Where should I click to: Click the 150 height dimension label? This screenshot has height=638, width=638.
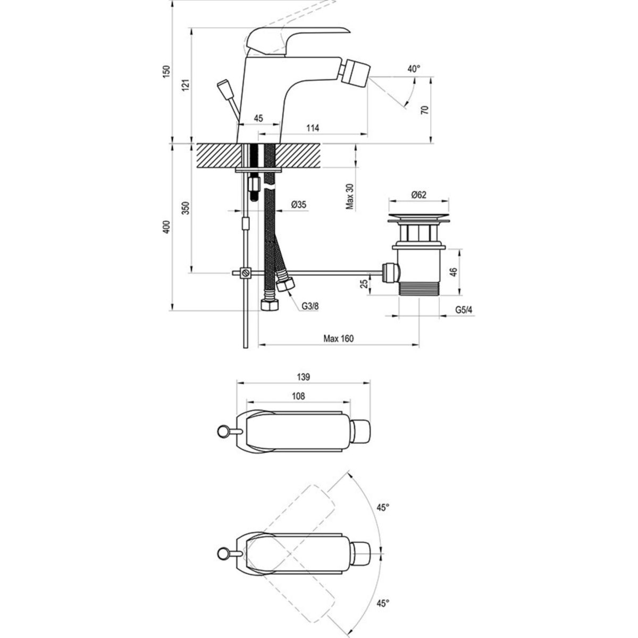[167, 71]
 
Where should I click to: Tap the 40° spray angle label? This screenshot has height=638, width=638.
[414, 69]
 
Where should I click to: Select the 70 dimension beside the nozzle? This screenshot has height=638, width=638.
[425, 110]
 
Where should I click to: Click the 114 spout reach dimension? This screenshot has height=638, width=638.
[313, 128]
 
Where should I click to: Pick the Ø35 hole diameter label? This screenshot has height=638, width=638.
[299, 205]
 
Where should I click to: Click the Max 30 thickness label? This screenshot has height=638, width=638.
[350, 197]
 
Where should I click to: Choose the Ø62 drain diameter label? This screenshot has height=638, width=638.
[419, 195]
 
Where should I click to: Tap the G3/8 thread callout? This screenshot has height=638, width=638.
[310, 306]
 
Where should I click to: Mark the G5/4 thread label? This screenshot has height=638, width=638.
[464, 310]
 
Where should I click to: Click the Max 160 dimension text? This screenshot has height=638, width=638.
[338, 338]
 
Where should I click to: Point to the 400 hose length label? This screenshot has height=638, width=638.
[167, 227]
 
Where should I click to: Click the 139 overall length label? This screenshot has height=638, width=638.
[303, 377]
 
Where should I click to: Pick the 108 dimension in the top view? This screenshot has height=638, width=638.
[298, 396]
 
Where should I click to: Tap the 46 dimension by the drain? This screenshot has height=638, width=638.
[454, 272]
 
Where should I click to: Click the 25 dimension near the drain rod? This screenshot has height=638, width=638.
[364, 283]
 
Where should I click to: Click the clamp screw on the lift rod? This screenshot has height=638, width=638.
[245, 273]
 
